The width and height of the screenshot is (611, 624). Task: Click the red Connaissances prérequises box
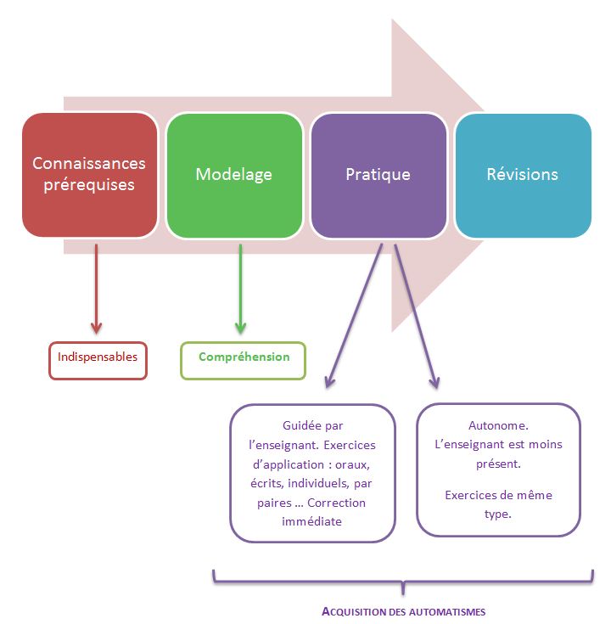pos(89,175)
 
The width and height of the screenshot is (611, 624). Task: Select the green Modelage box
pos(234,175)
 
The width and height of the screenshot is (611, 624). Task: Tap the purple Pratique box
pos(378,175)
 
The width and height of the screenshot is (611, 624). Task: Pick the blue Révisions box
pos(523,175)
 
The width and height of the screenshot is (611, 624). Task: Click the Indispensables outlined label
pos(98,361)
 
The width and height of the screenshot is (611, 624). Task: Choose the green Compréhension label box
pos(243,361)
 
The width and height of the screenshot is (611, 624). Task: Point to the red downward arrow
pos(96,289)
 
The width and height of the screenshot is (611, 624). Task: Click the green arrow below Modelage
pos(240,289)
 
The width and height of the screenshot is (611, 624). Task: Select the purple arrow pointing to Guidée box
pos(354,316)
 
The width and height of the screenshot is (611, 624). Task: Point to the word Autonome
pos(498,425)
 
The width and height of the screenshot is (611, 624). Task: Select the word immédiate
pos(312,521)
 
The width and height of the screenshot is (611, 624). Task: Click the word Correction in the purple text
pos(336,503)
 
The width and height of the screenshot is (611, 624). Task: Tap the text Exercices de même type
pos(498,504)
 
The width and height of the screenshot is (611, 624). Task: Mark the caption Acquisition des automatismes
pos(403,611)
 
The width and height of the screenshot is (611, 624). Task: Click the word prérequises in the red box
pos(89,185)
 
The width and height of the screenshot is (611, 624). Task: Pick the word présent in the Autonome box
pos(498,464)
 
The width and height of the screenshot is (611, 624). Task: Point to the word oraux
pos(352,464)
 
